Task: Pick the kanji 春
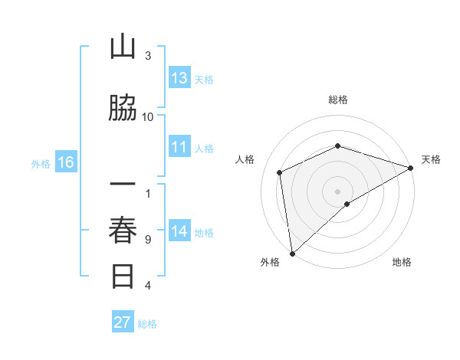coord(123,230)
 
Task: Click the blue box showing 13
coord(179,78)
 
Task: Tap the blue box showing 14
coord(179,231)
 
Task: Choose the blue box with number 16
coord(65,162)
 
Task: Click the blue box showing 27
coord(123,322)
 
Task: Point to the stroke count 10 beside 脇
coord(148,116)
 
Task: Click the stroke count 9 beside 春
coord(148,239)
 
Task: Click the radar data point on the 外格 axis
coord(292,253)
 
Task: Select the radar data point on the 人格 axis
coord(280,172)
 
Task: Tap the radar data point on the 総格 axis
coord(337,146)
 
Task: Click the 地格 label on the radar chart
coord(402,262)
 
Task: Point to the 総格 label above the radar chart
coord(337,100)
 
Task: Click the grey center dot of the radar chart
coord(337,191)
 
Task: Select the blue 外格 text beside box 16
coord(40,163)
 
